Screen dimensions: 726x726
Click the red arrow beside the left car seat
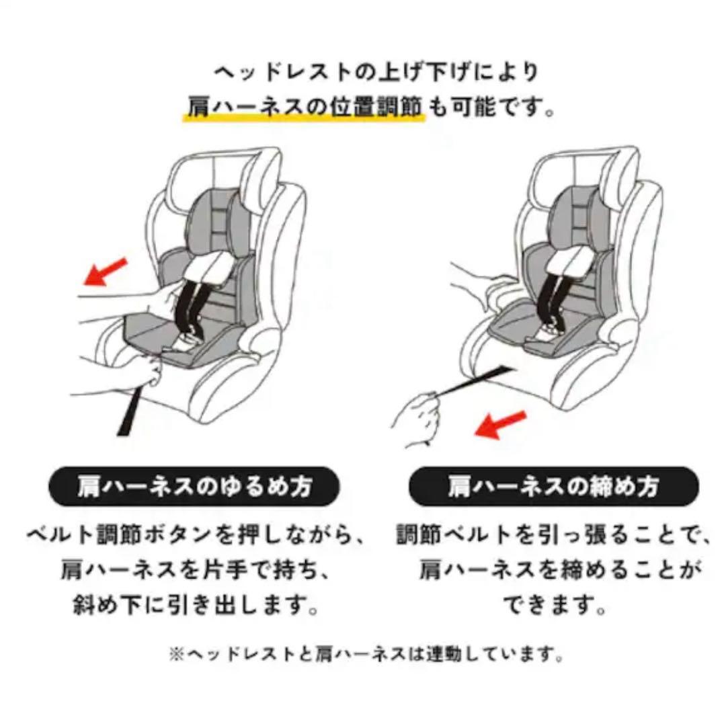point(105,272)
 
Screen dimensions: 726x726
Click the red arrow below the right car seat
point(501,425)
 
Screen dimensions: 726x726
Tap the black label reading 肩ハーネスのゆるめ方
point(194,487)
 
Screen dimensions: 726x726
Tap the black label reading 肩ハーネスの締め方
point(553,487)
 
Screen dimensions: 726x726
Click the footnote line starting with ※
point(367,654)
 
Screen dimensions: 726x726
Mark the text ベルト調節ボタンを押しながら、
point(196,536)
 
